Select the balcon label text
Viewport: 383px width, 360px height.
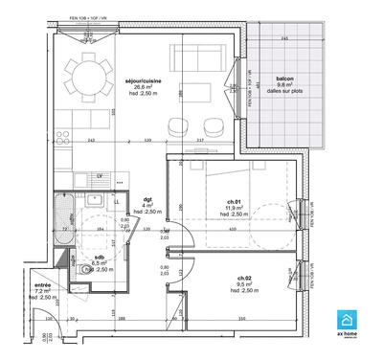pyautogui.click(x=283, y=78)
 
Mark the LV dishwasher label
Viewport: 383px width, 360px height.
pyautogui.click(x=100, y=177)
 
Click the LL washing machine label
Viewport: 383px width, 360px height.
pyautogui.click(x=117, y=202)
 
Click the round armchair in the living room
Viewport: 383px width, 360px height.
pyautogui.click(x=177, y=125)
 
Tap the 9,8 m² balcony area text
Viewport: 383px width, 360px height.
pyautogui.click(x=283, y=84)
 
